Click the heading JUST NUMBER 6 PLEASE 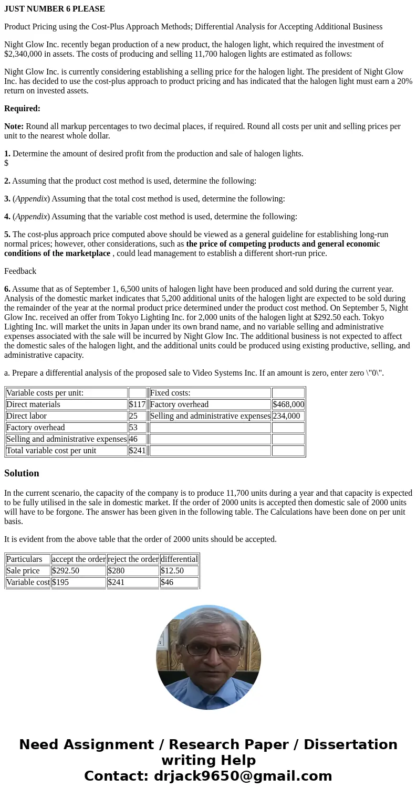click(55, 9)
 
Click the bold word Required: click(22, 109)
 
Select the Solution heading click(22, 473)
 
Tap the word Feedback click(20, 271)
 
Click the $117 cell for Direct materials click(137, 404)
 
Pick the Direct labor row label click(26, 416)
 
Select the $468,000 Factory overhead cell click(288, 404)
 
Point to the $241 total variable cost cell click(137, 451)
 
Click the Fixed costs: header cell click(170, 393)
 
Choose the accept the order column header click(79, 559)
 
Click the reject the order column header click(133, 559)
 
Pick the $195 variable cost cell click(61, 582)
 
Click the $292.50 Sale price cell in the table click(66, 571)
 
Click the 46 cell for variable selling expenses click(133, 439)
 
